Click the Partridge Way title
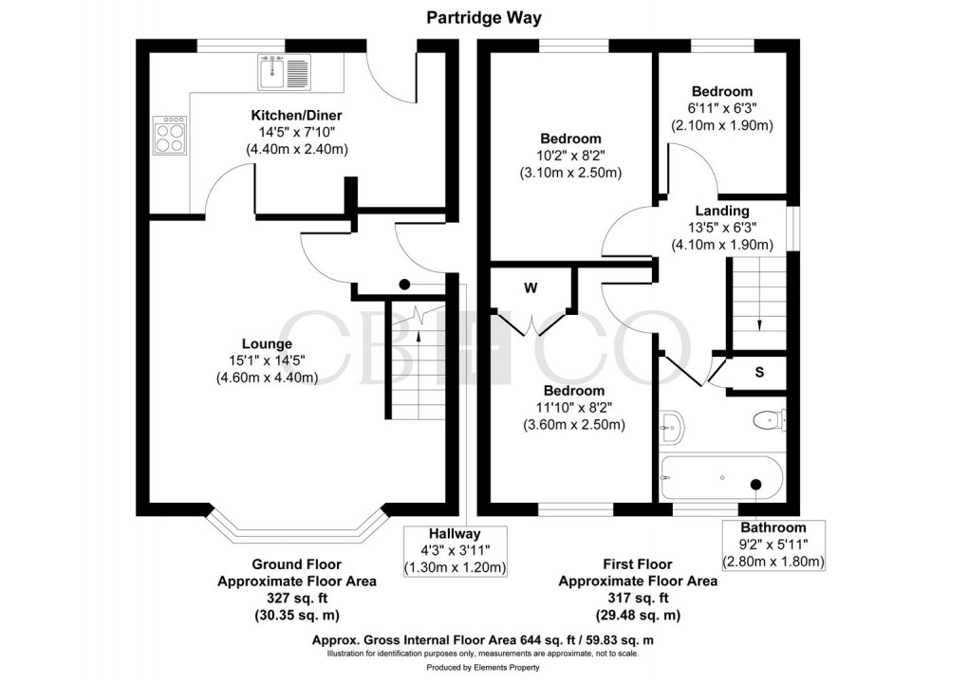[483, 17]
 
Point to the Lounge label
[266, 343]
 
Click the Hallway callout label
[455, 534]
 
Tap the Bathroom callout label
[773, 527]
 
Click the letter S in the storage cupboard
[759, 372]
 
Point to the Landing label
[722, 211]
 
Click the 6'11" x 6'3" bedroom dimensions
[722, 108]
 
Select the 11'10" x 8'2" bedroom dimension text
[573, 408]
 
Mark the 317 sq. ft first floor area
[637, 598]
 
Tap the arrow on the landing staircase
[759, 323]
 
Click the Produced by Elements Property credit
[483, 668]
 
